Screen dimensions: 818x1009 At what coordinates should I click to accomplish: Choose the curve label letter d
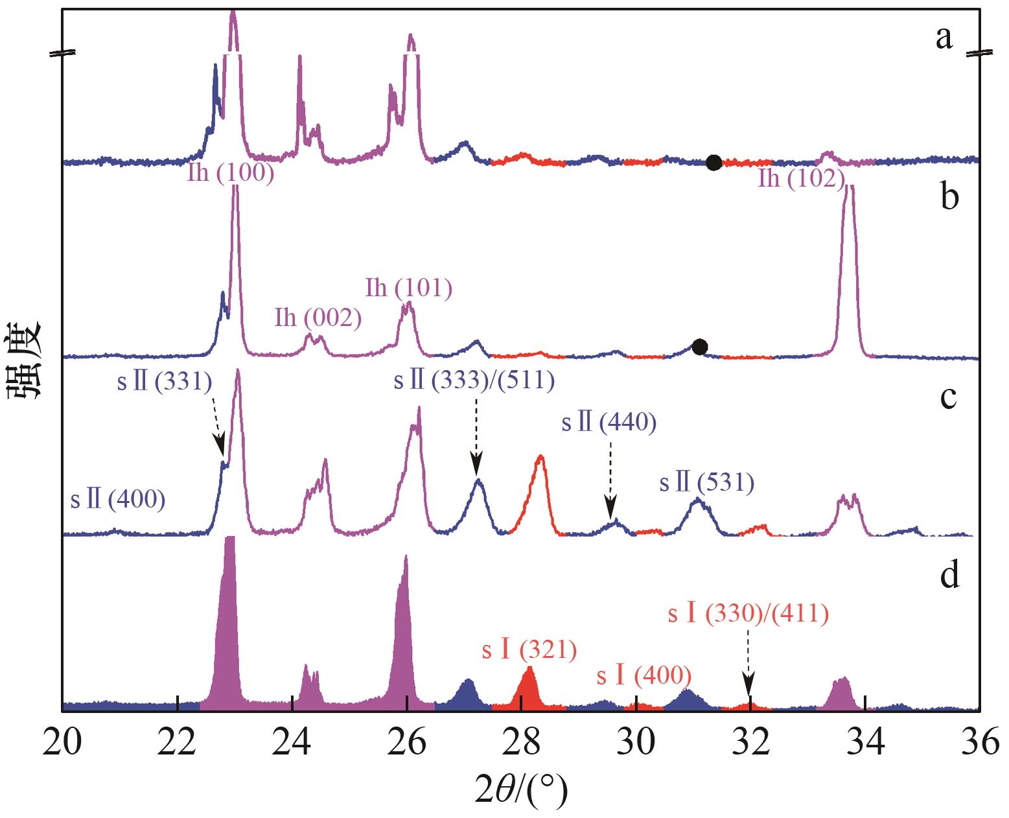pos(949,574)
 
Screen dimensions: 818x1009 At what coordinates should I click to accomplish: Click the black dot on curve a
pos(713,163)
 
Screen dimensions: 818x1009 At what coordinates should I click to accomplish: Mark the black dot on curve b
pos(699,347)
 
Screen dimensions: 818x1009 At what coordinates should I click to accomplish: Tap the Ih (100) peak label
pos(231,174)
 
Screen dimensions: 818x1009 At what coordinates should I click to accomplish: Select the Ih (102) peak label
pos(801,178)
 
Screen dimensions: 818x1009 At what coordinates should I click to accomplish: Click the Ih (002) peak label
pos(318,318)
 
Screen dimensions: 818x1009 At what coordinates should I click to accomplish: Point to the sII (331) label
pos(165,382)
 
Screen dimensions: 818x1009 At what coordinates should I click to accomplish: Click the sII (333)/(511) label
pos(474,380)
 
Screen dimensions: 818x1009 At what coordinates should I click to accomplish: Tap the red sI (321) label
pos(529,649)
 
